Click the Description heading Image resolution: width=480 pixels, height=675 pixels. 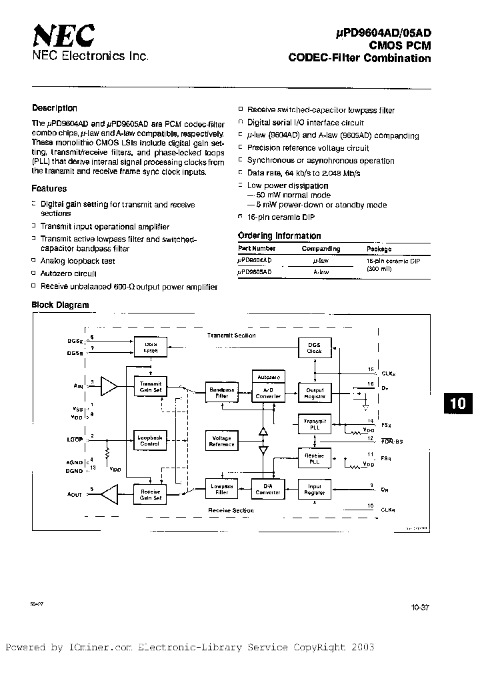pyautogui.click(x=55, y=108)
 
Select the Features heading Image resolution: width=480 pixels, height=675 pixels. pyautogui.click(x=49, y=189)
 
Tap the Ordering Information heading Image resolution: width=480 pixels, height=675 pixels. pyautogui.click(x=279, y=235)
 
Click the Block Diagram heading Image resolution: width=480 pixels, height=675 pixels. pyautogui.click(x=61, y=305)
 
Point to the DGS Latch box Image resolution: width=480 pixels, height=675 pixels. pyautogui.click(x=151, y=347)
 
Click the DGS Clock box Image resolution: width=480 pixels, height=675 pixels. pyautogui.click(x=315, y=347)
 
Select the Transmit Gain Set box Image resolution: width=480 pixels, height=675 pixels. pyautogui.click(x=151, y=387)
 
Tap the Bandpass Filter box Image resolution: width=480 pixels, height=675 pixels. pyautogui.click(x=221, y=393)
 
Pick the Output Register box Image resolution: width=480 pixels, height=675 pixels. pyautogui.click(x=315, y=393)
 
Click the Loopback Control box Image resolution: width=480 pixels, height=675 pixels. pyautogui.click(x=151, y=440)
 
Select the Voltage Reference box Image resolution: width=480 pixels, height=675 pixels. pyautogui.click(x=221, y=441)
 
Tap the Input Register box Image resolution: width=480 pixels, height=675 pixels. pyautogui.click(x=315, y=490)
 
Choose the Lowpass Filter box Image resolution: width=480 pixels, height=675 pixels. pyautogui.click(x=221, y=490)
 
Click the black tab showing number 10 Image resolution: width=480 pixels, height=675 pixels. pyautogui.click(x=459, y=404)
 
